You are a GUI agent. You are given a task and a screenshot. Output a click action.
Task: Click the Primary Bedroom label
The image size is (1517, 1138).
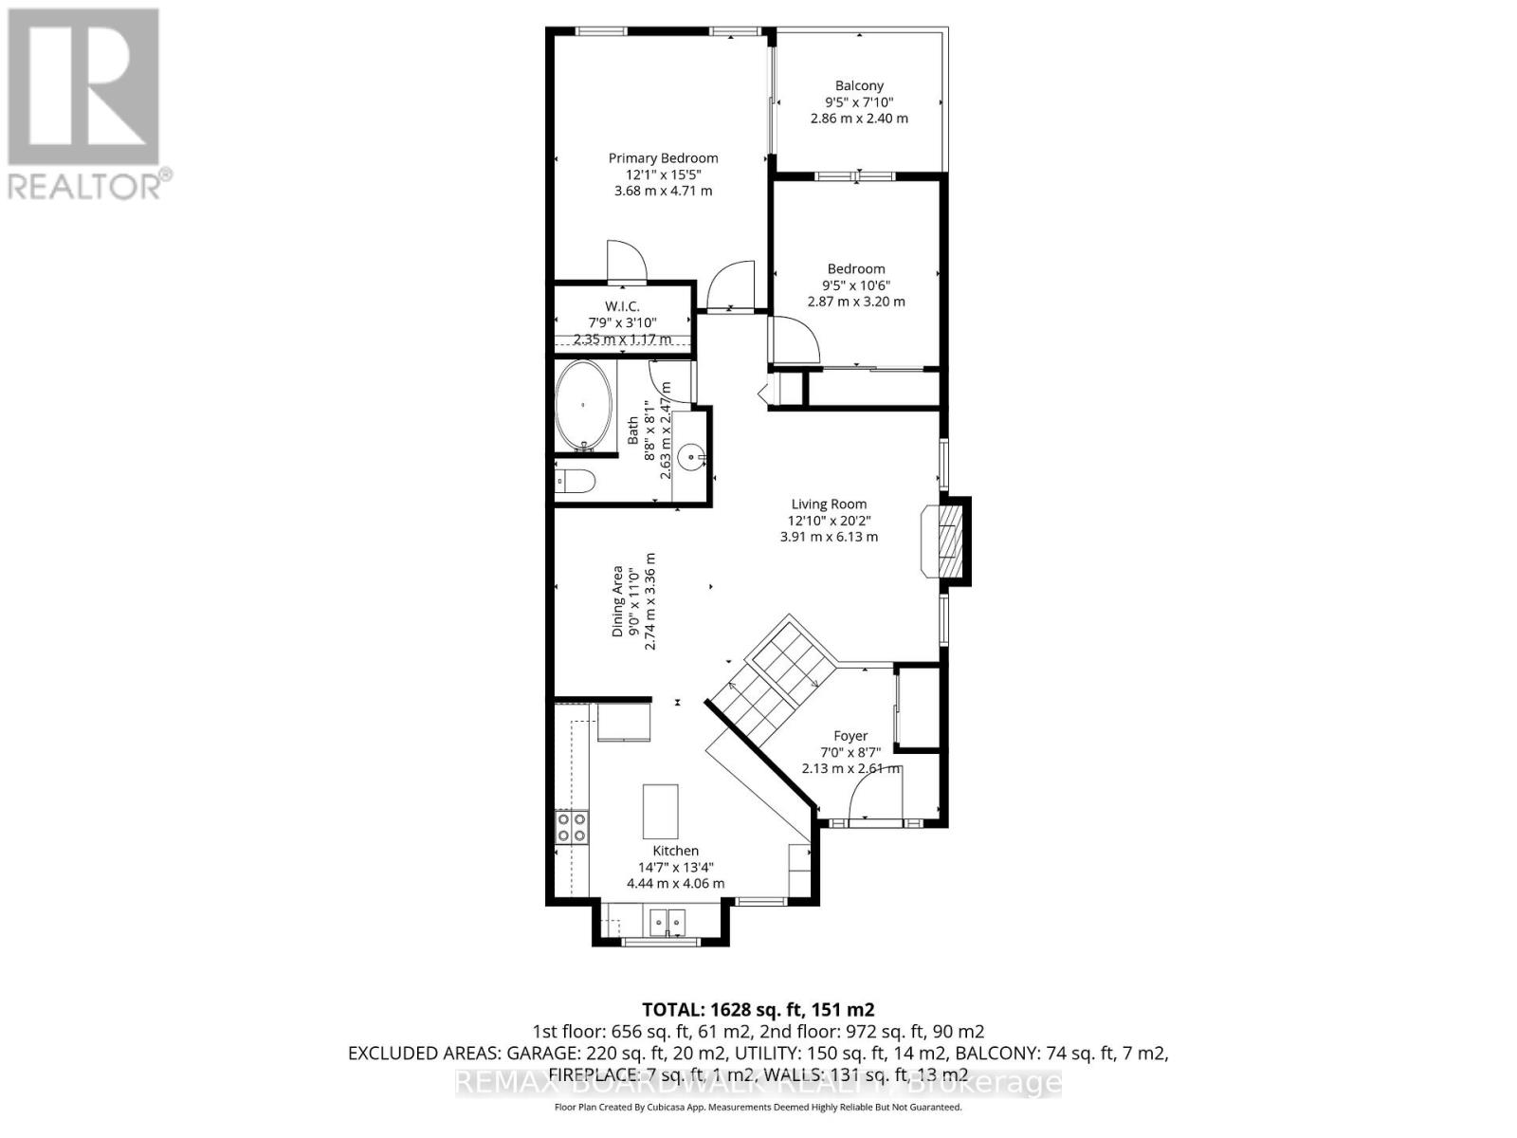pyautogui.click(x=663, y=158)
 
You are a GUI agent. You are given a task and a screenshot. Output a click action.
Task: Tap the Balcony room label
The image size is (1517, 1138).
pyautogui.click(x=859, y=85)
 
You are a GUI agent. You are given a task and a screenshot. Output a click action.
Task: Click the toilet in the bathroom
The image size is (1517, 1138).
pyautogui.click(x=576, y=482)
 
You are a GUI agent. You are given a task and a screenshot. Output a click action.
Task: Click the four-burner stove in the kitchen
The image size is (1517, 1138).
pyautogui.click(x=571, y=827)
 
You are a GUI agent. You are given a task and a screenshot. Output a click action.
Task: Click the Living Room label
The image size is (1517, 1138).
pyautogui.click(x=829, y=505)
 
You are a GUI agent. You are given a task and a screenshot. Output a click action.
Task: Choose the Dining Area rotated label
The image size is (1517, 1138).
pyautogui.click(x=617, y=601)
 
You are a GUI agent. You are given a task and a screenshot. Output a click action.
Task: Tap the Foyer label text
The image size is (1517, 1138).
pyautogui.click(x=850, y=736)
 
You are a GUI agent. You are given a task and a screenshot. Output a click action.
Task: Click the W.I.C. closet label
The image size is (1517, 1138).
pyautogui.click(x=622, y=306)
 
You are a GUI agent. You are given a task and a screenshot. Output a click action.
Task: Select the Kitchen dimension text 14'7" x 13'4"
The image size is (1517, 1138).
pyautogui.click(x=675, y=867)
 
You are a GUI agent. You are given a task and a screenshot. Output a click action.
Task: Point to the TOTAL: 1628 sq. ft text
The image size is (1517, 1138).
pyautogui.click(x=758, y=1009)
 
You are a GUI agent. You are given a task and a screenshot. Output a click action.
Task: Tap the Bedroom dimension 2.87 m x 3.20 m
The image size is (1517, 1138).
pyautogui.click(x=856, y=302)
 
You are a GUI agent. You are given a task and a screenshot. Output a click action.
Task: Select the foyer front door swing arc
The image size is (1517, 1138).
pyautogui.click(x=878, y=793)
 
